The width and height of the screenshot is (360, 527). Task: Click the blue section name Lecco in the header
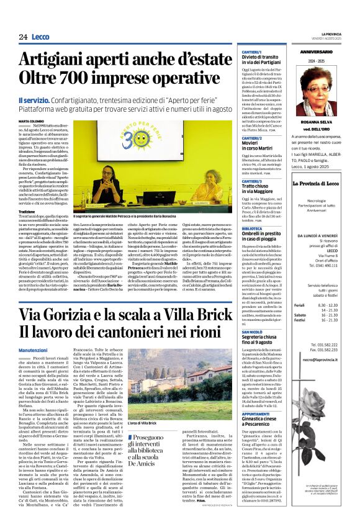[x=42, y=37]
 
